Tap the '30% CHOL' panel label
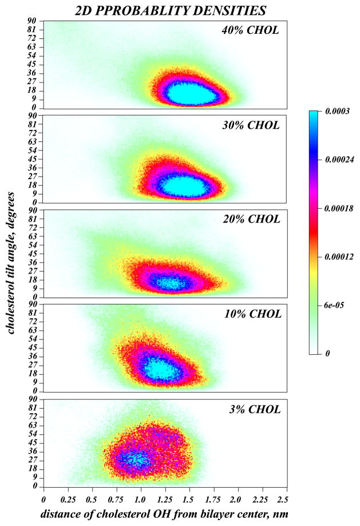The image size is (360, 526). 250,125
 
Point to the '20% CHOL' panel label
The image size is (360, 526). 250,219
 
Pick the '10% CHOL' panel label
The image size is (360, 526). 251,314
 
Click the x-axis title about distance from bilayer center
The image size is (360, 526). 165,513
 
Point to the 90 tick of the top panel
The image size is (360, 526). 33,21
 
